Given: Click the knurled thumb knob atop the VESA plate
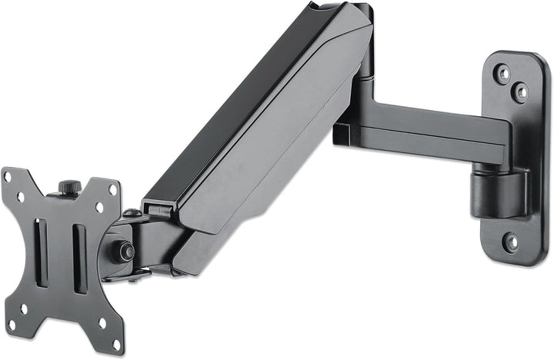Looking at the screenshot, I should (69, 187).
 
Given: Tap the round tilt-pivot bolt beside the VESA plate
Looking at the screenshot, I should (121, 250).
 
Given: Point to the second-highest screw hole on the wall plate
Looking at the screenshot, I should (521, 93).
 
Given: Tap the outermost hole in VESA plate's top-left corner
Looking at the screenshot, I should (8, 175).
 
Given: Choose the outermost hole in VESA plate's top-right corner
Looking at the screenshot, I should (115, 188).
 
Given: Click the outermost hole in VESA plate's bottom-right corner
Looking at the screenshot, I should (115, 345).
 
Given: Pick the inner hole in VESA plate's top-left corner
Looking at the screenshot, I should (20, 196).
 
